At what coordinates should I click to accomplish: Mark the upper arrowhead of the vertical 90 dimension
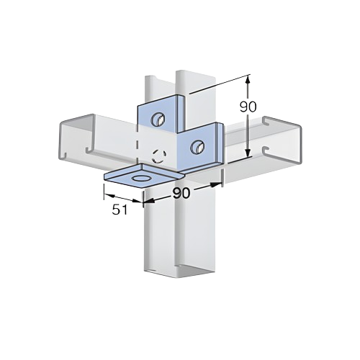(x=248, y=78)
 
